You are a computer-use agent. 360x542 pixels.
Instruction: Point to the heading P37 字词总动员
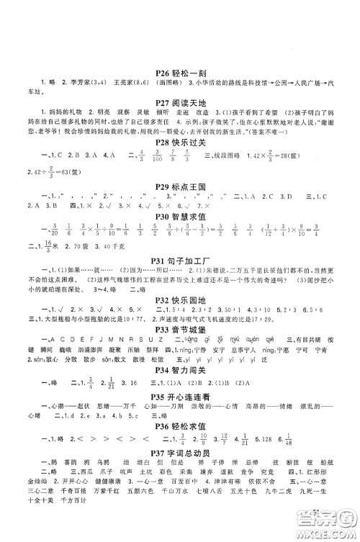[180, 502]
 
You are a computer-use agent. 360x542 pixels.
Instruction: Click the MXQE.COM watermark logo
[330, 532]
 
